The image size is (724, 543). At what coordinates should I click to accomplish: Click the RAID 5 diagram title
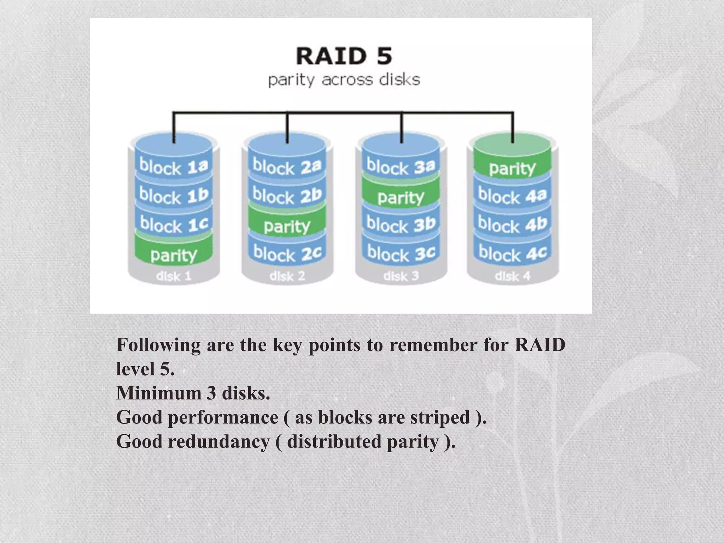point(344,57)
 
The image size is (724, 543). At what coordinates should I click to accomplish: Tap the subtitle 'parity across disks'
point(344,80)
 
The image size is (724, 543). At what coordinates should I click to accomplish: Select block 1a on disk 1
point(174,166)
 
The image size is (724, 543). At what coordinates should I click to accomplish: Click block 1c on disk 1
point(174,224)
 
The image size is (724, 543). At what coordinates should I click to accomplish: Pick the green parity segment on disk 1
point(174,254)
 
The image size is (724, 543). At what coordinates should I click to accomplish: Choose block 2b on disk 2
point(287,195)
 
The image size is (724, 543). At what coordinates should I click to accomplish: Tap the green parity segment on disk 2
point(287,226)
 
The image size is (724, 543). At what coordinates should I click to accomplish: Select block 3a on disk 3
point(401,166)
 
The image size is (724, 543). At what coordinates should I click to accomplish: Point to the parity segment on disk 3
point(401,197)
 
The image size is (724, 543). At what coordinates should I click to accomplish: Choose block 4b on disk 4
point(512,224)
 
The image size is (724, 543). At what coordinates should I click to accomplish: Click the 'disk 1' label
point(174,276)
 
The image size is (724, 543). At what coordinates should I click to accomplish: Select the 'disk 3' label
point(401,276)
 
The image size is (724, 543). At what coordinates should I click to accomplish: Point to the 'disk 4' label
point(512,276)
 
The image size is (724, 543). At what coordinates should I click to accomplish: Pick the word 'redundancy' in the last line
point(219,442)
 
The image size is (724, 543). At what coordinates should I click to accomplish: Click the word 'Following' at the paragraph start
point(158,345)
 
